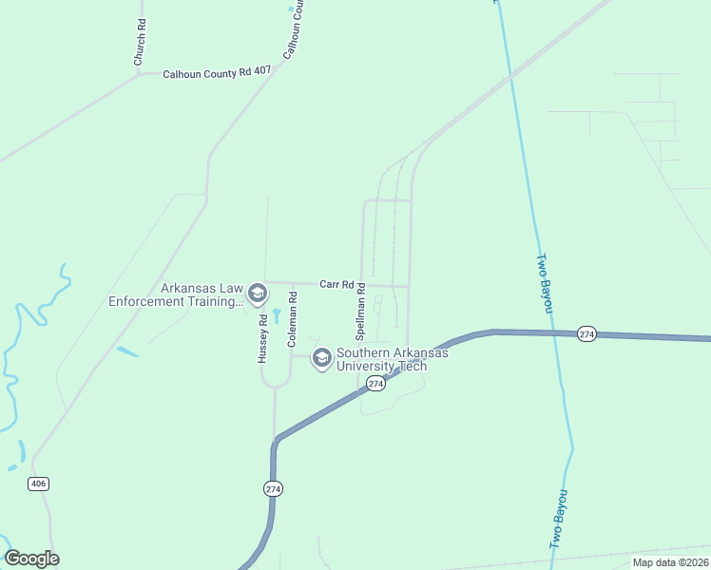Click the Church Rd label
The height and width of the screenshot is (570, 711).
139,43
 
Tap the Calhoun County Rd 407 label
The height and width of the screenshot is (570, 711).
217,72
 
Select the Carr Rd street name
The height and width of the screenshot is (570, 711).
336,283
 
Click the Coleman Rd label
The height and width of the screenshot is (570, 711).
293,317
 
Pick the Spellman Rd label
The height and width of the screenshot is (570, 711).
361,316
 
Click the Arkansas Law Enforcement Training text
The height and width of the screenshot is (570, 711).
175,294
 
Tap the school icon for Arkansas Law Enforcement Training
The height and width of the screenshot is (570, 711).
257,294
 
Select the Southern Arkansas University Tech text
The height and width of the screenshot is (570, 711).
392,359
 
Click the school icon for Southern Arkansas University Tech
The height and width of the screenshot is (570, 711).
321,358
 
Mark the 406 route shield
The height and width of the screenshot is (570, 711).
38,484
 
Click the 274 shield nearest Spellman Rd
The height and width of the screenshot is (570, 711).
375,383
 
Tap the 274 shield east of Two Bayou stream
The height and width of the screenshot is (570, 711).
586,333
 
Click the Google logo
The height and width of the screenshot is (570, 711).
31,559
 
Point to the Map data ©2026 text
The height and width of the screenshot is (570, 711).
670,562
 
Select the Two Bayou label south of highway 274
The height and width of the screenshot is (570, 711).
559,519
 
